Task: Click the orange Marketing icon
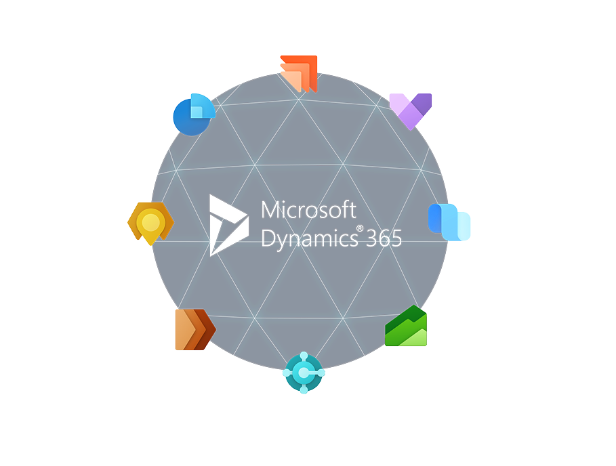pyautogui.click(x=300, y=72)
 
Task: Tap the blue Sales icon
pyautogui.click(x=193, y=113)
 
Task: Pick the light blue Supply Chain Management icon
pyautogui.click(x=449, y=222)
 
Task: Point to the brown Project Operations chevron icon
pyautogui.click(x=194, y=330)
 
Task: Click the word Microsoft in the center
pyautogui.click(x=308, y=210)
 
